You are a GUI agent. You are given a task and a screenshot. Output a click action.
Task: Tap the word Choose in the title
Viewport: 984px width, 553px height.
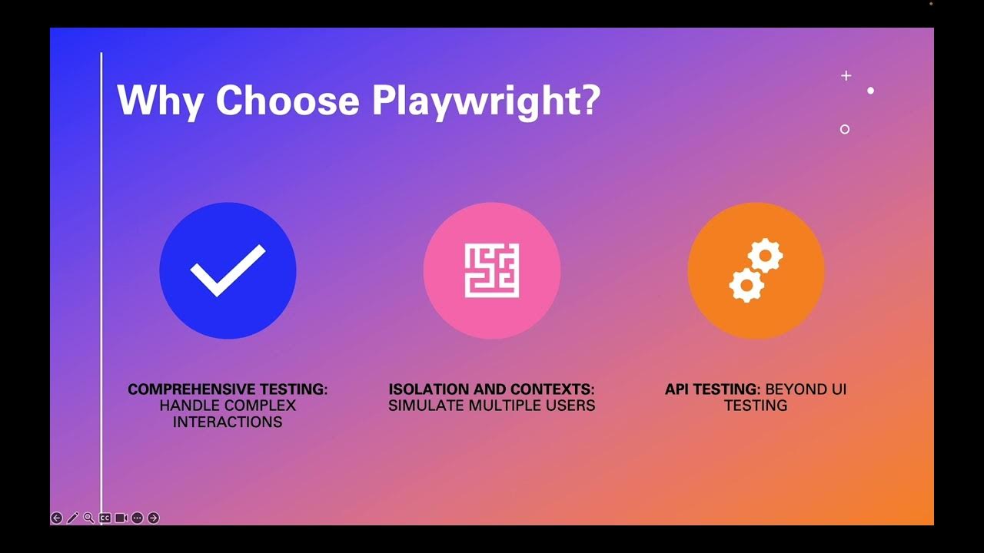tap(287, 100)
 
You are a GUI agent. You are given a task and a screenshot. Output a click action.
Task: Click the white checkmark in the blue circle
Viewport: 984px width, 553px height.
tap(228, 270)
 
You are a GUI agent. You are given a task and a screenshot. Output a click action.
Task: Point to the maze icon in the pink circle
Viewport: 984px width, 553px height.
tap(492, 270)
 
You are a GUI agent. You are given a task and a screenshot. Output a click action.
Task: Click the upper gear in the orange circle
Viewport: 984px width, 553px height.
tap(766, 256)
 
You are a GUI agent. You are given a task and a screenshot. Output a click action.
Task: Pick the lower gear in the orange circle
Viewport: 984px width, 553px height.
tap(746, 285)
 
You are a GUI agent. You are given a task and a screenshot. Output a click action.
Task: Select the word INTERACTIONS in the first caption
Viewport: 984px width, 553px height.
tap(228, 422)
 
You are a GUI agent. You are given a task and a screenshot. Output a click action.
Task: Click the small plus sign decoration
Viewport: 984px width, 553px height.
tap(846, 76)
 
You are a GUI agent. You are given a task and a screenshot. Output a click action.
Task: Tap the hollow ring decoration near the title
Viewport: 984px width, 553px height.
tap(845, 129)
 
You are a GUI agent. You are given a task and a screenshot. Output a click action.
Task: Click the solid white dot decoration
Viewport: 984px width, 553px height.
tap(871, 91)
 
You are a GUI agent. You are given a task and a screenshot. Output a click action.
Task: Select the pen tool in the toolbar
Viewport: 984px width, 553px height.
tap(72, 518)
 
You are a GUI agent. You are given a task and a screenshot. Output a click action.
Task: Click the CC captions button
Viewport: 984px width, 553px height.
tap(105, 518)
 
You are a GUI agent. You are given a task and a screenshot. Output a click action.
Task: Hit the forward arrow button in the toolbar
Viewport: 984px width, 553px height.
tap(153, 518)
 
